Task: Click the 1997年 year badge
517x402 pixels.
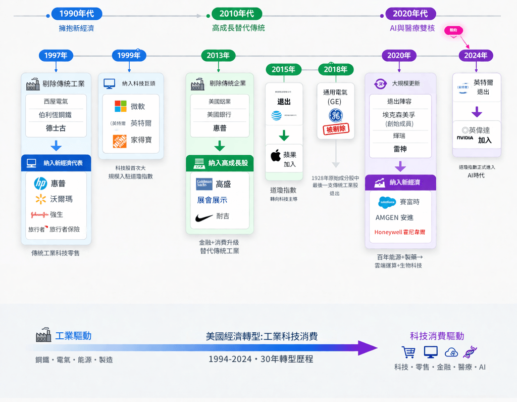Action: coord(56,56)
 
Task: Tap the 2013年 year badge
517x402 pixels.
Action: coord(218,56)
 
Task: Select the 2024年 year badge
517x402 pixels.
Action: coord(476,56)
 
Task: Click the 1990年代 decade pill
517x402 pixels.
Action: coord(76,14)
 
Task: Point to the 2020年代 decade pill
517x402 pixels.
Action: coord(410,14)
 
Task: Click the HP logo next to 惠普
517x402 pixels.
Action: coord(40,184)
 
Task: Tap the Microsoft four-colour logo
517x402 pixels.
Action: coord(121,106)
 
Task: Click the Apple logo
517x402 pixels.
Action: coord(276,155)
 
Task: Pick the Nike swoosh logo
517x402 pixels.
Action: coord(204,218)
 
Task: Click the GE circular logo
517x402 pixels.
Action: coord(336,116)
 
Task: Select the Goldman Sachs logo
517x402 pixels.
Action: coord(204,184)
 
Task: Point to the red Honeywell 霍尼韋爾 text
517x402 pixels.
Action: coord(399,233)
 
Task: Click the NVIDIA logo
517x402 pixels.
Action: coord(465,138)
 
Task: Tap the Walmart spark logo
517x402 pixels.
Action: coord(41,199)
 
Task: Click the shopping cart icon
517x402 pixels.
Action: coord(408,352)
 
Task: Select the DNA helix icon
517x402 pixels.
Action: coord(470,352)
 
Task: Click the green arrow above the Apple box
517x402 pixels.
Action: coord(284,136)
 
